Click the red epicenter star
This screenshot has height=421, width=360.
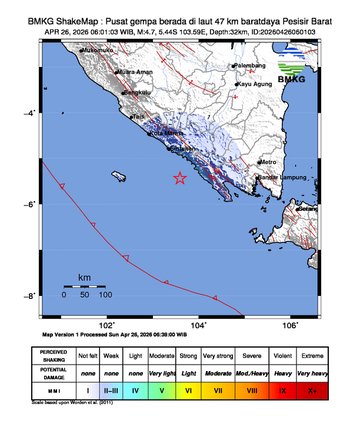click(180, 179)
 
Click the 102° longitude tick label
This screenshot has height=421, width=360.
click(107, 325)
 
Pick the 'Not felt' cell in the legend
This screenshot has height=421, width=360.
click(88, 355)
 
